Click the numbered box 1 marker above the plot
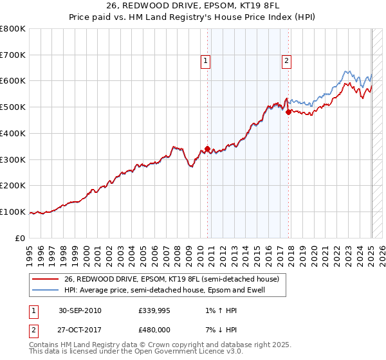(x=205, y=62)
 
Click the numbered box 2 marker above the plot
(x=286, y=62)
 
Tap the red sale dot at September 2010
(x=207, y=148)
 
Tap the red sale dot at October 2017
(x=288, y=112)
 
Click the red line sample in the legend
(x=46, y=280)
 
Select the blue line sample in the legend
(x=46, y=290)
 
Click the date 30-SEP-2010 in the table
(x=80, y=310)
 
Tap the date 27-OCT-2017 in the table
(x=80, y=330)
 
